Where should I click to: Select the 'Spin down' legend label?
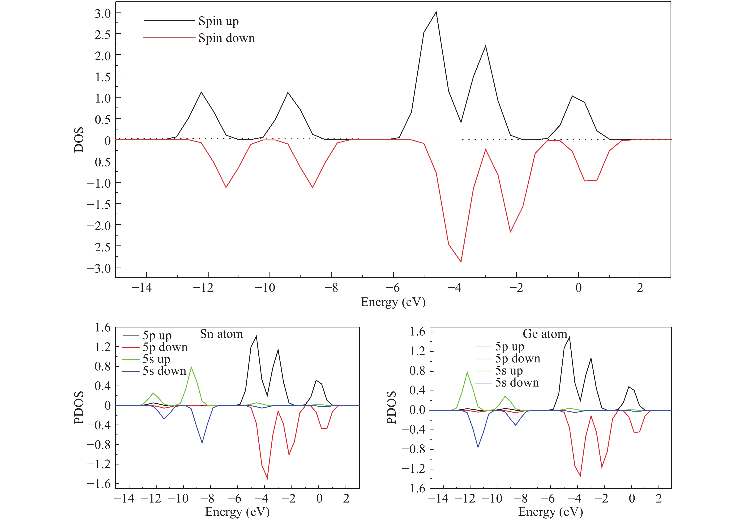click(x=227, y=38)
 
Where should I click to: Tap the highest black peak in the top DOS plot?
click(x=436, y=12)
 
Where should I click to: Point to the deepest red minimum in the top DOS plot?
click(x=461, y=262)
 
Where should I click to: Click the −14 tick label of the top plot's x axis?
click(x=142, y=288)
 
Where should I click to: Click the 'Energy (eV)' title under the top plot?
click(x=393, y=302)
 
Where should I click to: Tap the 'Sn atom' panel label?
click(x=221, y=334)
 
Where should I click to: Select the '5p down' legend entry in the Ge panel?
click(x=517, y=359)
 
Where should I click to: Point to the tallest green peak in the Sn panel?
click(x=191, y=367)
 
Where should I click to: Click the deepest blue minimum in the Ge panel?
click(x=478, y=447)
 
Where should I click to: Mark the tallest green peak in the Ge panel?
click(x=467, y=372)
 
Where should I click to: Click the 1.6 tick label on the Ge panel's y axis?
click(x=417, y=332)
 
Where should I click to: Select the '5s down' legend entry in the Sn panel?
click(x=164, y=371)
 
